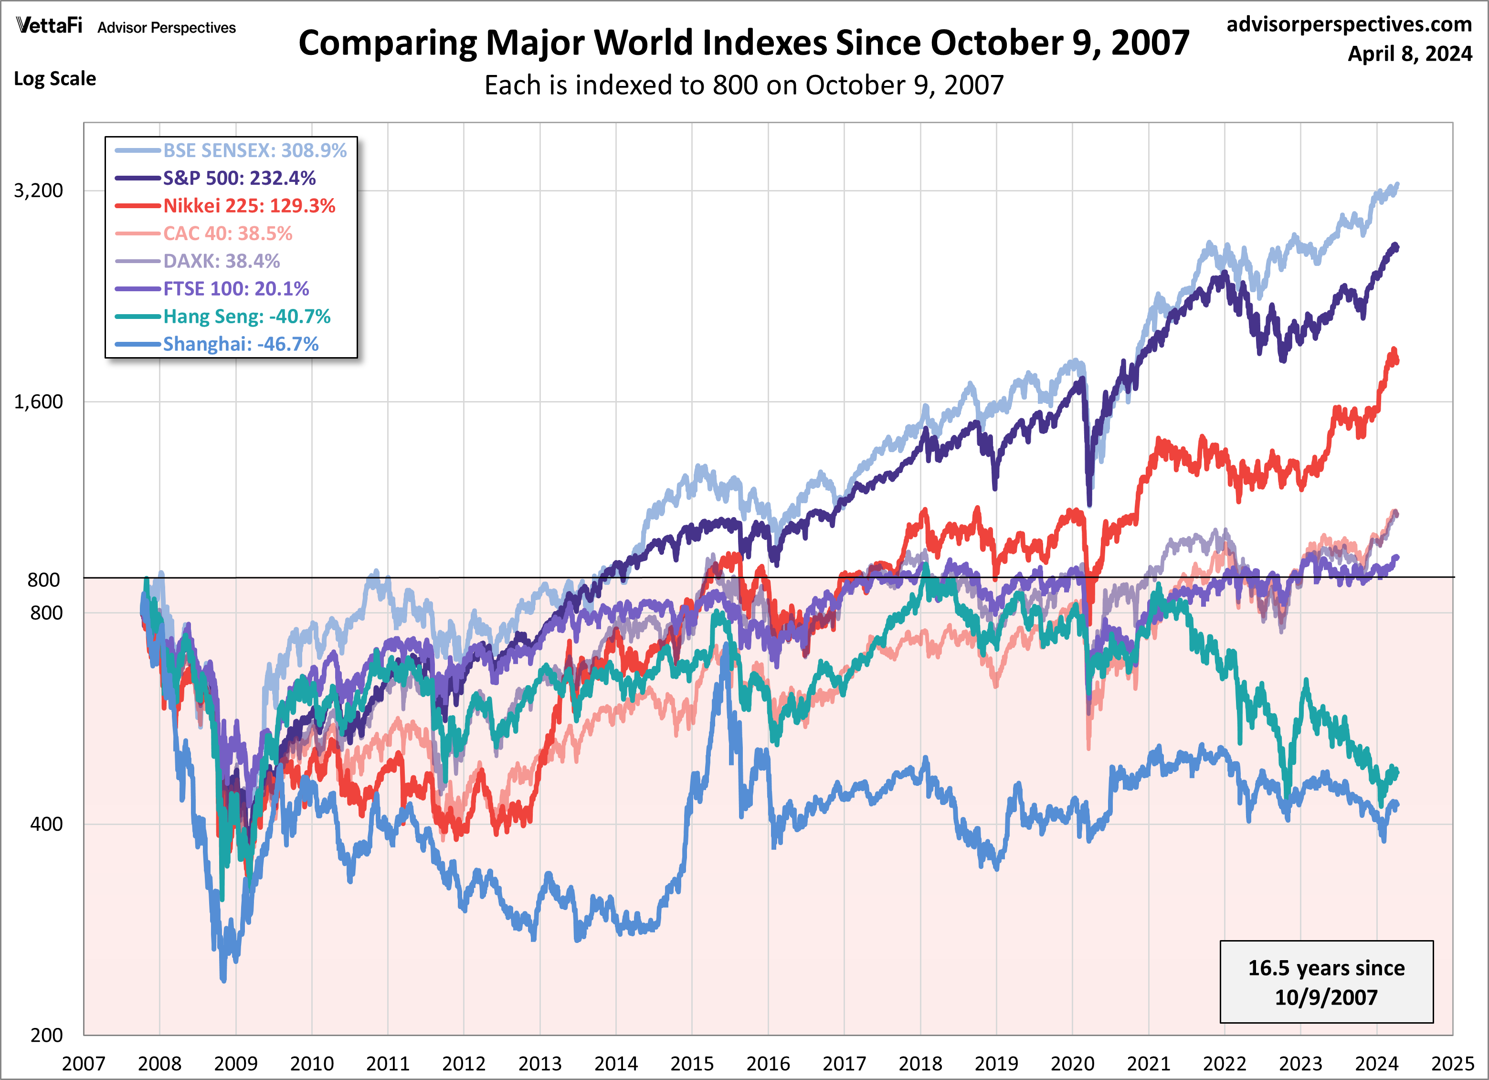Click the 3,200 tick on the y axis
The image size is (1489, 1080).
(39, 191)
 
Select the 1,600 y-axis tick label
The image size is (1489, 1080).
(39, 402)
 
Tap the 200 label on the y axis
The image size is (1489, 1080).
(47, 1035)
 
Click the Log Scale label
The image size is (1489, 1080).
(55, 79)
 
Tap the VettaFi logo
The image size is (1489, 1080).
(49, 26)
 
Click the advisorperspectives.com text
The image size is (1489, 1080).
(1349, 24)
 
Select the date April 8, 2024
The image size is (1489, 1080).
(1410, 53)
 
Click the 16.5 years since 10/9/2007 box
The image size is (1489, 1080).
(1326, 982)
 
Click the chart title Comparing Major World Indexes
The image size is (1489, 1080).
(744, 43)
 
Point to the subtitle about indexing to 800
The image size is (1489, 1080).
(744, 85)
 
